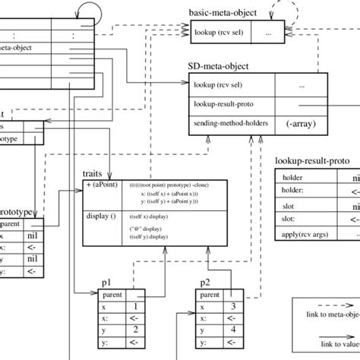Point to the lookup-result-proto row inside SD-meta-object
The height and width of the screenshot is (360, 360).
pyautogui.click(x=231, y=105)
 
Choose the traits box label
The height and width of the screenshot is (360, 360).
pyautogui.click(x=93, y=174)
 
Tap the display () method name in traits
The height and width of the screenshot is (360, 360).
pyautogui.click(x=103, y=216)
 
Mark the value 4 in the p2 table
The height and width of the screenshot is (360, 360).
pyautogui.click(x=233, y=328)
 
